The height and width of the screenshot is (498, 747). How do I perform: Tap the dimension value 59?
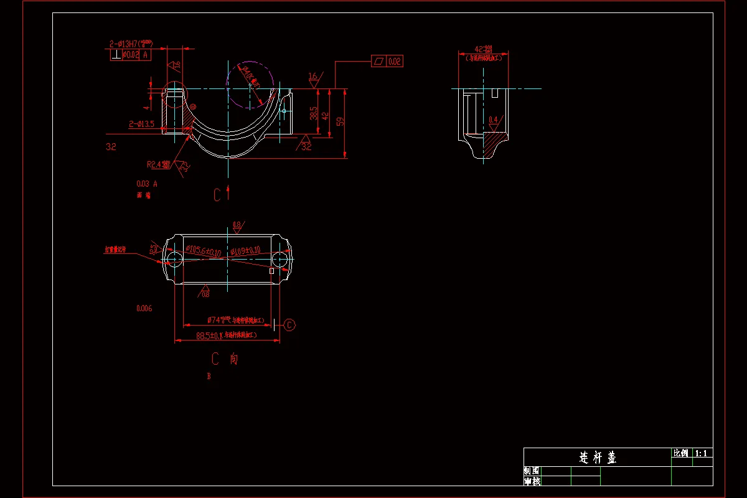pyautogui.click(x=340, y=121)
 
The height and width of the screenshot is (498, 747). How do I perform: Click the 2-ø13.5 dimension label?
pyautogui.click(x=142, y=124)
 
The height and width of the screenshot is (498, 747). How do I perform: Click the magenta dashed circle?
pyautogui.click(x=250, y=86)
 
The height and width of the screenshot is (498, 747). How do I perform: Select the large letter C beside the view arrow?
pyautogui.click(x=217, y=195)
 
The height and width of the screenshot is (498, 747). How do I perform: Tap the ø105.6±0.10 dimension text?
pyautogui.click(x=204, y=251)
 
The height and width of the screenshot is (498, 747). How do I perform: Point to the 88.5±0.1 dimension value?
pyautogui.click(x=208, y=336)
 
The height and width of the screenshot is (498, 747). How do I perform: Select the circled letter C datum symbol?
pyautogui.click(x=290, y=324)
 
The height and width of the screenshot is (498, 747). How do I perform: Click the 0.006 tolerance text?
pyautogui.click(x=144, y=308)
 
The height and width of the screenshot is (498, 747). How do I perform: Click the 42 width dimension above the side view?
pyautogui.click(x=483, y=49)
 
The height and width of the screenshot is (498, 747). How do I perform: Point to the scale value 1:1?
pyautogui.click(x=702, y=454)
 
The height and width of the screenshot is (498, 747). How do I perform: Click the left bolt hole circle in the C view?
pyautogui.click(x=174, y=258)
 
